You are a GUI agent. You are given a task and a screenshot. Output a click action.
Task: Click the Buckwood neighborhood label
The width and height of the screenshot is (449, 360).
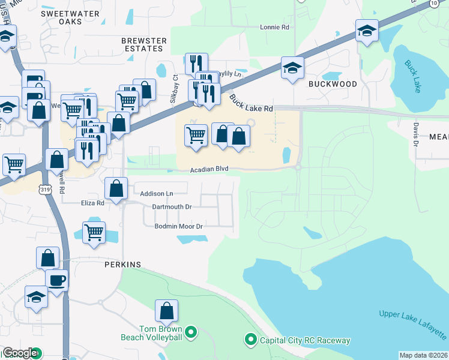coord(333,84)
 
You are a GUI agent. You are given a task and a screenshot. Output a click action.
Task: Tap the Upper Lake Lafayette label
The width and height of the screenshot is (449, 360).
coord(413,324)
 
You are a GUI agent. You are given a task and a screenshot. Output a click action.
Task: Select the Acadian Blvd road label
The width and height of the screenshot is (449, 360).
coord(209,170)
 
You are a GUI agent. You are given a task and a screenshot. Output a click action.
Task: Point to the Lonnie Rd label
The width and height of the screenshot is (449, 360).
coord(274,27)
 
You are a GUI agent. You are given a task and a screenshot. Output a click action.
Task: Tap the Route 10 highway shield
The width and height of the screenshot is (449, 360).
coord(433,4)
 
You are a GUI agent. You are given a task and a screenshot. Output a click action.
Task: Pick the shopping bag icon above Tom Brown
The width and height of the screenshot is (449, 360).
coord(166,310)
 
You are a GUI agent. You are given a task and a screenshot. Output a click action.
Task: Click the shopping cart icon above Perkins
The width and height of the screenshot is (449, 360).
coord(94,232)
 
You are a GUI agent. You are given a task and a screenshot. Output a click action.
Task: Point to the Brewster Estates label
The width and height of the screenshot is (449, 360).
coord(143,45)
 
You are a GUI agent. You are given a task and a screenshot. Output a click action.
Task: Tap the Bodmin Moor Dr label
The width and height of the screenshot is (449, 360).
coord(179,226)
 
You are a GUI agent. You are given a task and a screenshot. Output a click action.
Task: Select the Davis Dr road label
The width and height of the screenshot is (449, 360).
coord(415,134)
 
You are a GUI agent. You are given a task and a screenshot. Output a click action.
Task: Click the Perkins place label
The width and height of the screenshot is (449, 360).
coord(122,264)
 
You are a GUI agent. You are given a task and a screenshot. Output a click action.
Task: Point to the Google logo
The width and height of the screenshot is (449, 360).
coord(20,353)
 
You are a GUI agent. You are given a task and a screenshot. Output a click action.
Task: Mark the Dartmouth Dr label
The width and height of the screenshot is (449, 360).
coord(172,206)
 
